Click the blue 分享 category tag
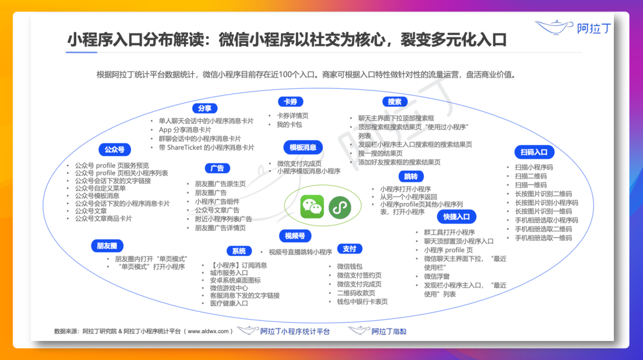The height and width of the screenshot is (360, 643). [x=204, y=108]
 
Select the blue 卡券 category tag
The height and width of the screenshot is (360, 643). [x=291, y=102]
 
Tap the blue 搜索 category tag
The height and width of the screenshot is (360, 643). [x=395, y=102]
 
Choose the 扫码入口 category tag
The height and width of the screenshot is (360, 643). [x=535, y=152]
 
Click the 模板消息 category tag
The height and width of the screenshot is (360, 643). [x=303, y=148]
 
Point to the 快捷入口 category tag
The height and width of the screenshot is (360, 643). [x=457, y=217]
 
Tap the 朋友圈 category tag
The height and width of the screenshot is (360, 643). [x=107, y=245]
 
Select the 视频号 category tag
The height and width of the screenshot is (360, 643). [x=294, y=236]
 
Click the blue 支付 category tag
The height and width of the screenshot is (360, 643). [x=349, y=249]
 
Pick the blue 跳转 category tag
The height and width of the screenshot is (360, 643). [x=411, y=176]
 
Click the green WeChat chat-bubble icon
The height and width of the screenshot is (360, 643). [x=312, y=206]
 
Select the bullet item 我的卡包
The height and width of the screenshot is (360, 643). [x=289, y=124]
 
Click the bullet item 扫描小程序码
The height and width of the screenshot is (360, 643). [x=534, y=167]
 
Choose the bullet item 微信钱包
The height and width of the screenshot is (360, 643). [x=349, y=267]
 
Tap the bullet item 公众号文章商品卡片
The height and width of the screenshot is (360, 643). [x=103, y=218]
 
